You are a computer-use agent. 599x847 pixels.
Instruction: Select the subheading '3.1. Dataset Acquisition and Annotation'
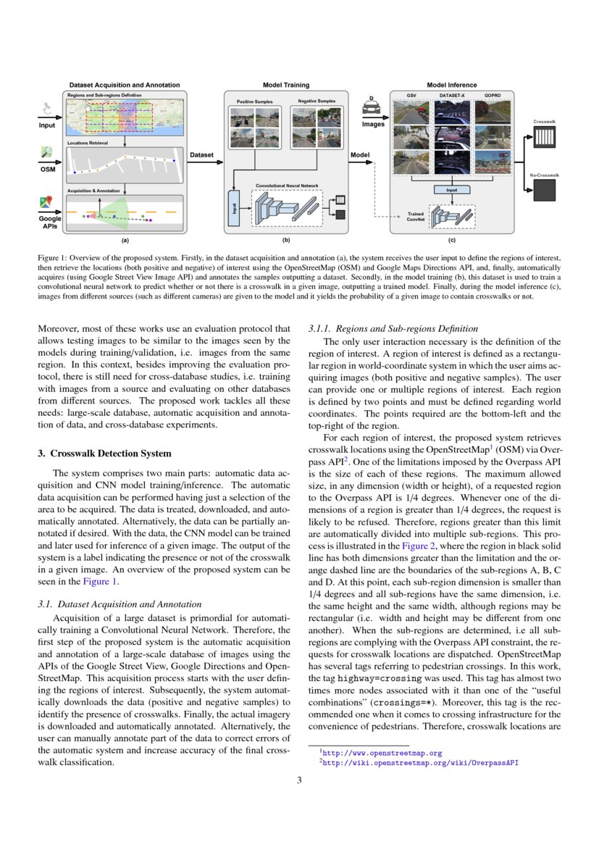[119, 604]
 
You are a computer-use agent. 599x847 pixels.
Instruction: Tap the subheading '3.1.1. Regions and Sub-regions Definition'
[389, 329]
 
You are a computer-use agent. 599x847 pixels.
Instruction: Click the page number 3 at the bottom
[299, 780]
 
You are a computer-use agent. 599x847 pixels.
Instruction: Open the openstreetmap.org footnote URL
[380, 754]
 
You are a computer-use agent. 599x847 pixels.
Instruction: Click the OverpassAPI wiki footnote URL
[419, 763]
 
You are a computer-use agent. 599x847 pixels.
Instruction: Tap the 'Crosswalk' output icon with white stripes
[543, 138]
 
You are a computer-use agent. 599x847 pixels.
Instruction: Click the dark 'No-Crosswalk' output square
[543, 190]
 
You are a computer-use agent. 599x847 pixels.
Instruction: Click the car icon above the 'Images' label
[373, 110]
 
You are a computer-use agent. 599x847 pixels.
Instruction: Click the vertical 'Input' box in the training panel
[233, 206]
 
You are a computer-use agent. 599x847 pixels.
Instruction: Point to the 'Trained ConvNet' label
[415, 217]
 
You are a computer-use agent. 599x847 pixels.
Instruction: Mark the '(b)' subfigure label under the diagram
[286, 240]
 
